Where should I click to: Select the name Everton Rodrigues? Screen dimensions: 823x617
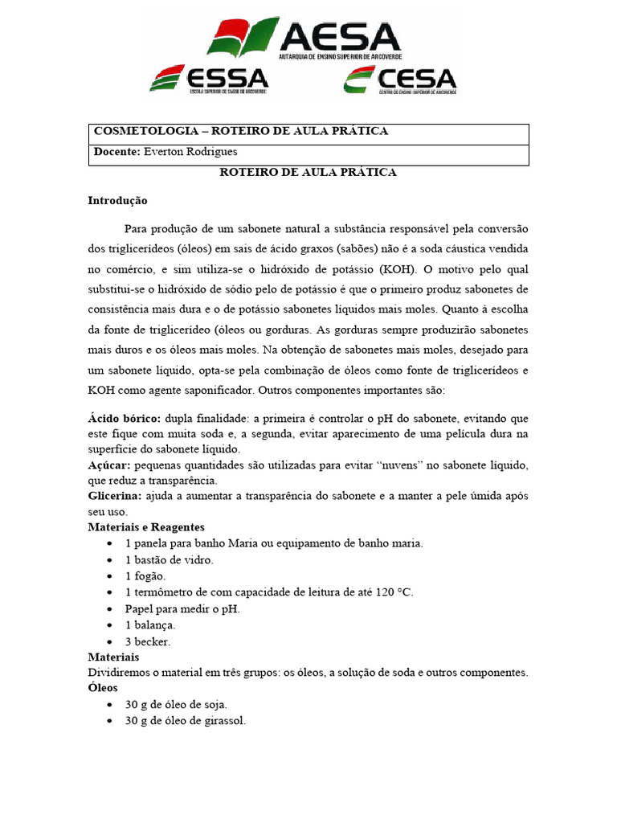tap(190, 152)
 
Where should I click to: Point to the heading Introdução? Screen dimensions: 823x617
tap(118, 200)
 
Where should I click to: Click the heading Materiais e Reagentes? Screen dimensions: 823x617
tap(146, 527)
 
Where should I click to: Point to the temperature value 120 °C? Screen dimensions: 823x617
tap(390, 592)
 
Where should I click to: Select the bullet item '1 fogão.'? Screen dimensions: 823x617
tap(145, 576)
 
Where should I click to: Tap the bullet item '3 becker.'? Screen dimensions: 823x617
tap(148, 641)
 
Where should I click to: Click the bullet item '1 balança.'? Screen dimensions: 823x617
tap(150, 624)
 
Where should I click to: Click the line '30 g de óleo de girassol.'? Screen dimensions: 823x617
tap(185, 721)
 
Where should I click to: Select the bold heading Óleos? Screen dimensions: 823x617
tap(103, 688)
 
